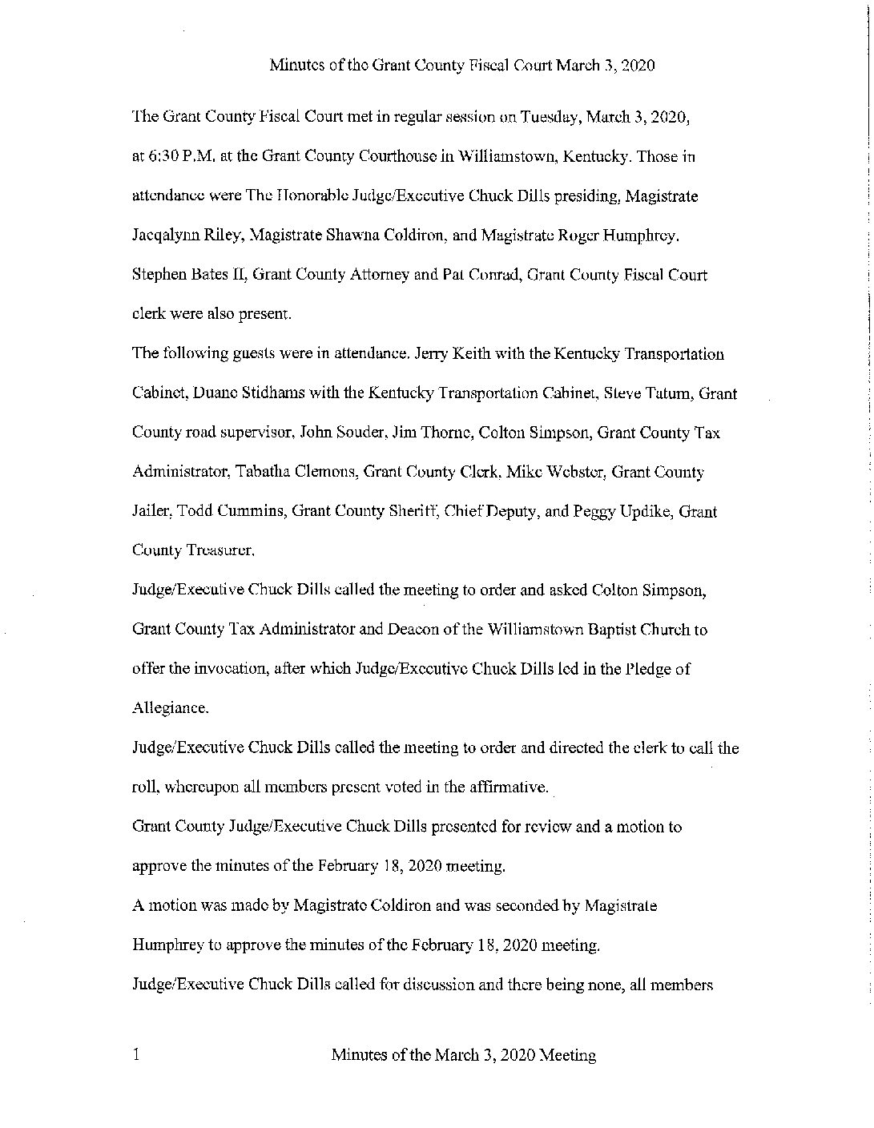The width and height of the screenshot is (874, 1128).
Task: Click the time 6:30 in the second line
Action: coord(159,157)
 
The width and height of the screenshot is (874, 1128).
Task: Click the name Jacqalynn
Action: coord(159,236)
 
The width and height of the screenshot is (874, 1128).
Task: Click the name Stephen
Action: coord(156,275)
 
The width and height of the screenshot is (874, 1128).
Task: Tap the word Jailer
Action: coord(151,511)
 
